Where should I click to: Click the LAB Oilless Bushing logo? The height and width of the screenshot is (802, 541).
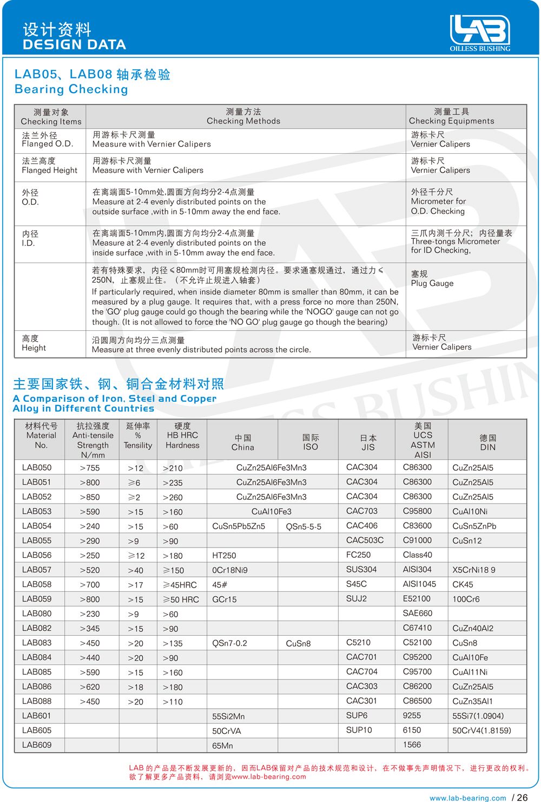pyautogui.click(x=479, y=32)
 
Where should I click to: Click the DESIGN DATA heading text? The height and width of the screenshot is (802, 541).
pyautogui.click(x=74, y=44)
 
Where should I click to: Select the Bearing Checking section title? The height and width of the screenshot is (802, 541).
pyautogui.click(x=71, y=89)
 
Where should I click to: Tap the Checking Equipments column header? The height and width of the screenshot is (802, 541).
pyautogui.click(x=452, y=116)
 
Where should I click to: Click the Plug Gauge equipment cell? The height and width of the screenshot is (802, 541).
pyautogui.click(x=432, y=279)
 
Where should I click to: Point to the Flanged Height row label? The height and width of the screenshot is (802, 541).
pyautogui.click(x=50, y=166)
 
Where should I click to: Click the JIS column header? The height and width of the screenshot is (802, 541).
pyautogui.click(x=368, y=442)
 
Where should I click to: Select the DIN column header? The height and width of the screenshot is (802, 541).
pyautogui.click(x=487, y=442)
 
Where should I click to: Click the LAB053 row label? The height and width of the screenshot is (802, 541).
pyautogui.click(x=37, y=511)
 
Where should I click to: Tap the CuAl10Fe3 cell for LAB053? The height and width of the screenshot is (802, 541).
pyautogui.click(x=272, y=512)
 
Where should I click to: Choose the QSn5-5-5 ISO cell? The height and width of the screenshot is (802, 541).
pyautogui.click(x=304, y=526)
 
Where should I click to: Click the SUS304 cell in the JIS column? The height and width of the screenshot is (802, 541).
pyautogui.click(x=361, y=570)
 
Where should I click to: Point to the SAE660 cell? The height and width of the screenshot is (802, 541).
pyautogui.click(x=418, y=614)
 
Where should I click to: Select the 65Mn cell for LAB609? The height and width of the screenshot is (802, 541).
pyautogui.click(x=222, y=746)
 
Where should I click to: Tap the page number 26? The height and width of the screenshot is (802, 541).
pyautogui.click(x=522, y=797)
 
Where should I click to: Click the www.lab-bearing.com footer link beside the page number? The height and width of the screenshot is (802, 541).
pyautogui.click(x=468, y=798)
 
